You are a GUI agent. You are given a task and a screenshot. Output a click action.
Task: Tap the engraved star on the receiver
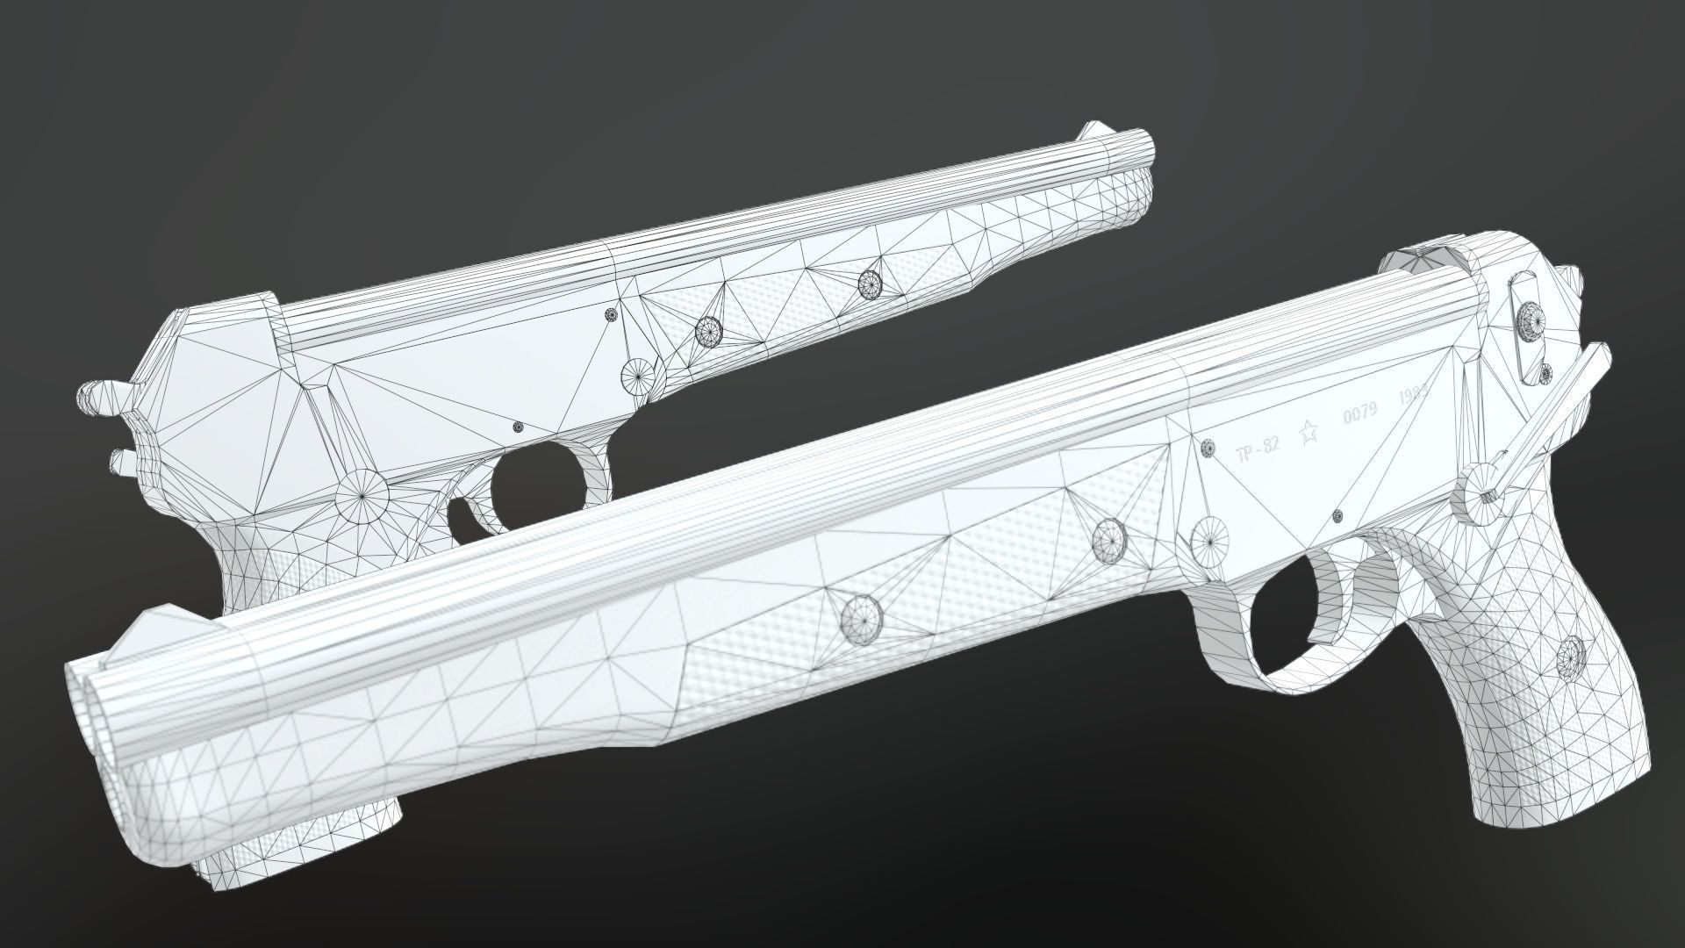pyautogui.click(x=1309, y=429)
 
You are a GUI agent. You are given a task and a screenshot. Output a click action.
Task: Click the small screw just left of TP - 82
pyautogui.click(x=1207, y=448)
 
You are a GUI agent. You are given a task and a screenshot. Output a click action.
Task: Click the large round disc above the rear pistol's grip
pyautogui.click(x=362, y=496)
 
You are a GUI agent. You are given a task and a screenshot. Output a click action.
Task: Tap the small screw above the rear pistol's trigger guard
pyautogui.click(x=518, y=427)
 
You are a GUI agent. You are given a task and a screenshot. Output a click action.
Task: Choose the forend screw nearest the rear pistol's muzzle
pyautogui.click(x=869, y=283)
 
